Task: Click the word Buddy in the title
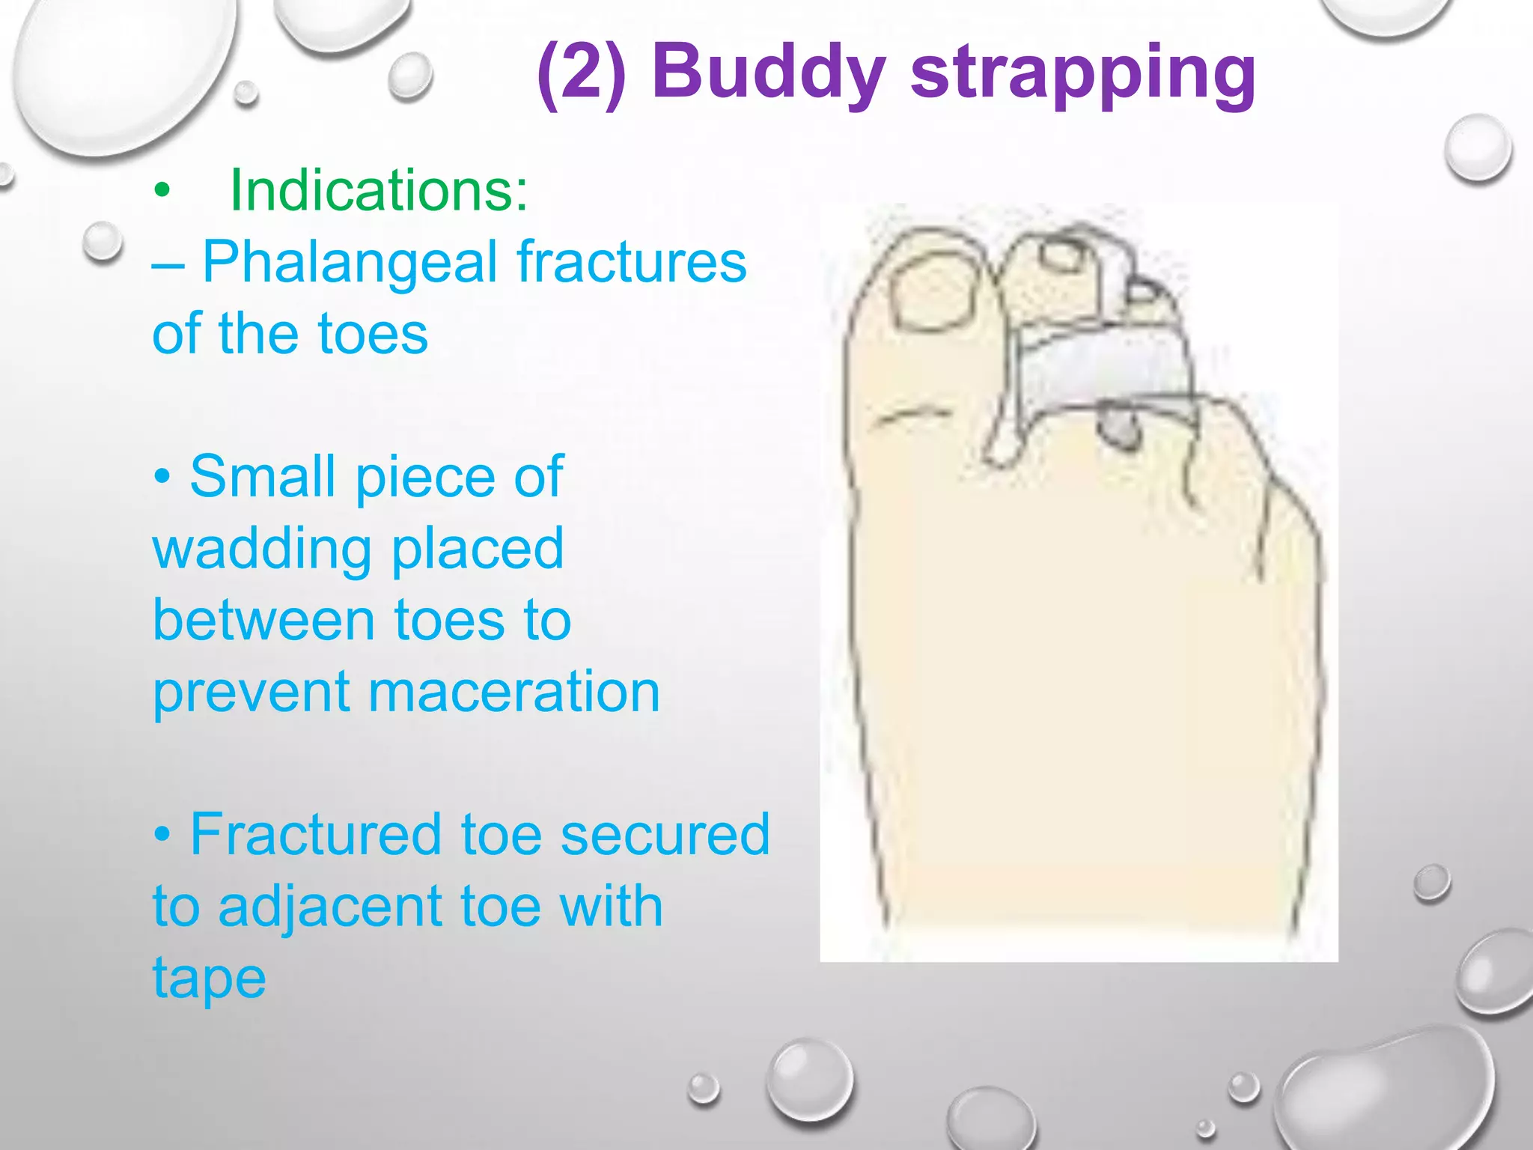pyautogui.click(x=769, y=73)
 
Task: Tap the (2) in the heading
pyautogui.click(x=581, y=73)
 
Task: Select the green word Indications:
pyautogui.click(x=379, y=190)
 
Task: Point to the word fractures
pyautogui.click(x=631, y=262)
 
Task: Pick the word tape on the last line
pyautogui.click(x=209, y=978)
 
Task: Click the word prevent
pyautogui.click(x=251, y=692)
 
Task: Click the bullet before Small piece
pyautogui.click(x=162, y=478)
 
